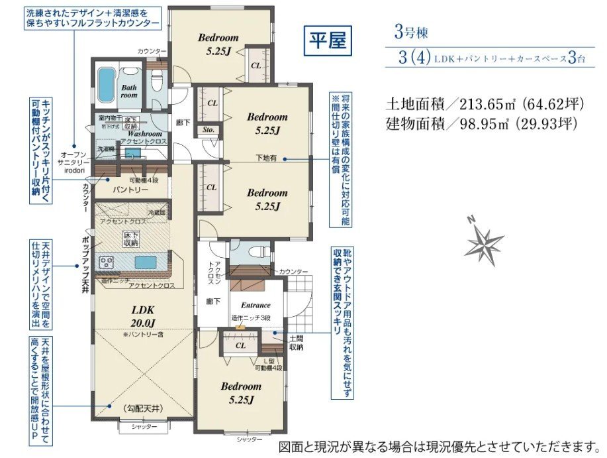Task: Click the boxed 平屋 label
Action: point(328,42)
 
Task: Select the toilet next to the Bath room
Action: point(157,82)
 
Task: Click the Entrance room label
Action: point(256,305)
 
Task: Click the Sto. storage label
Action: point(208,130)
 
